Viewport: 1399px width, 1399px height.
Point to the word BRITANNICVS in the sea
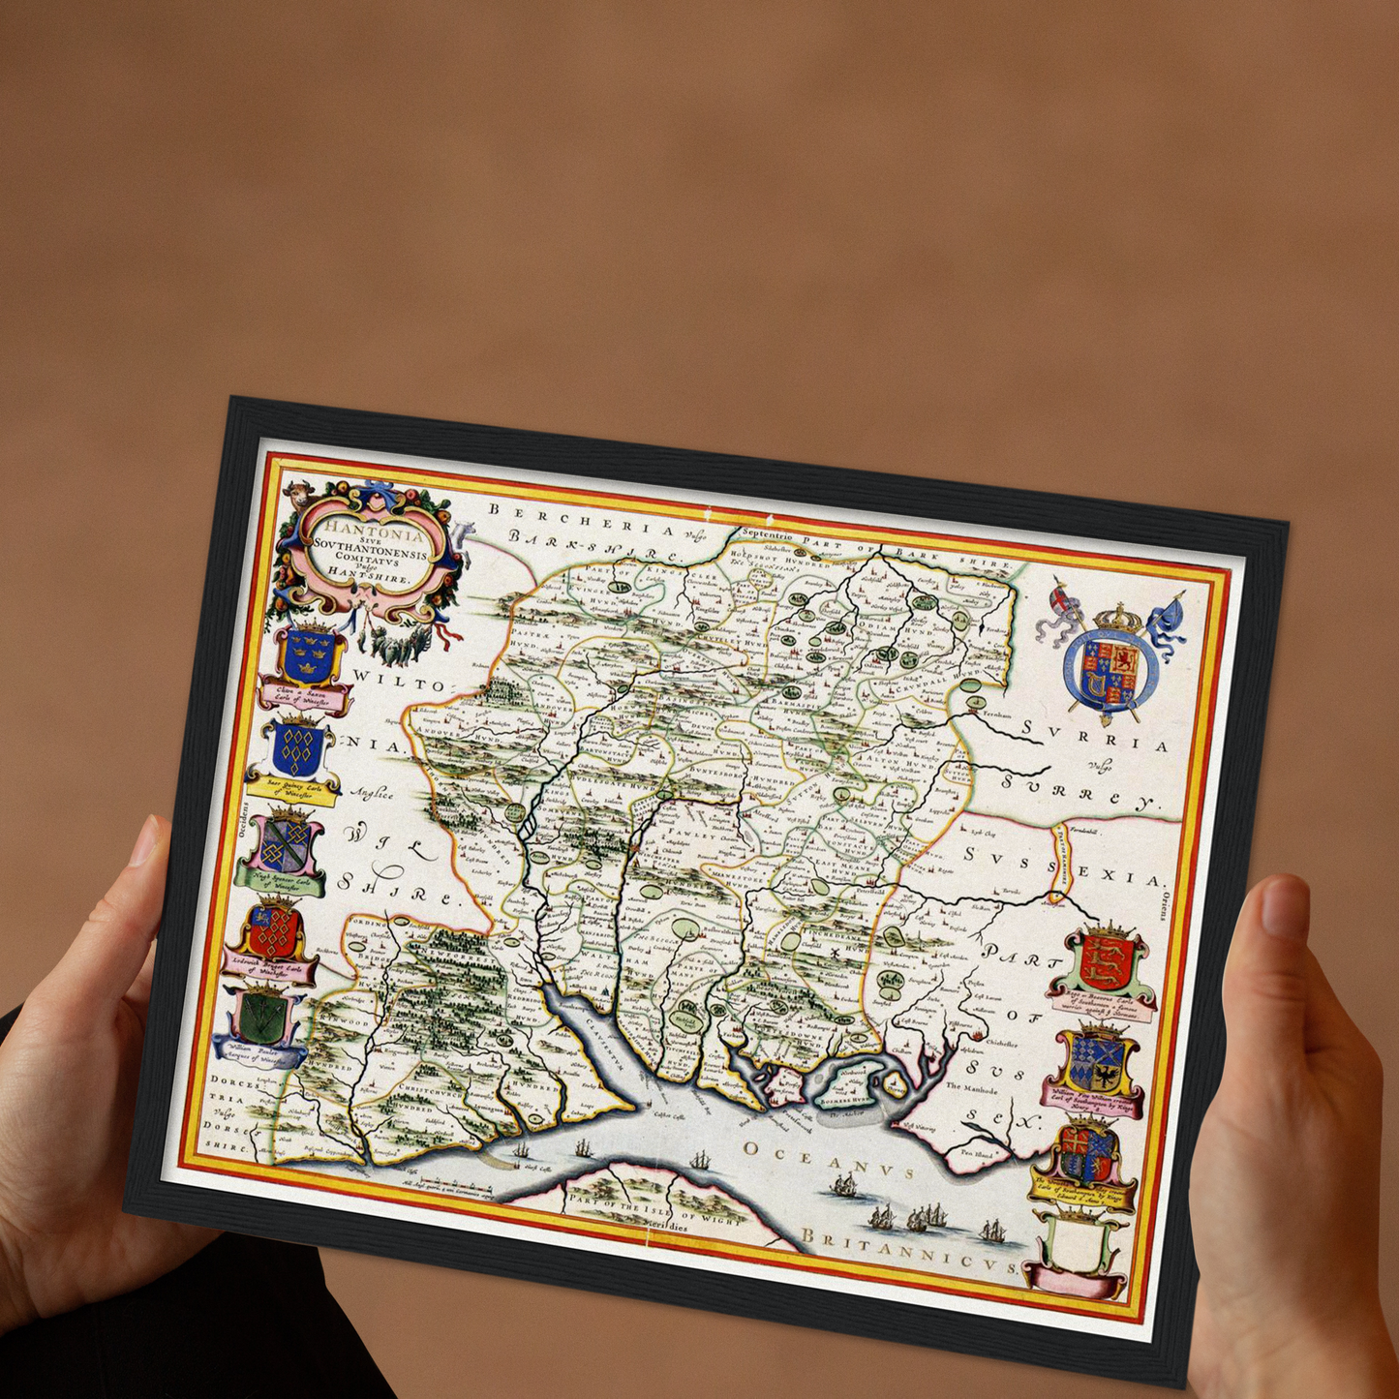(908, 1255)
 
